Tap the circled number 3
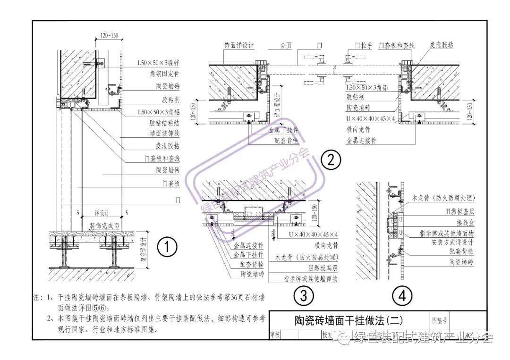[x=303, y=296]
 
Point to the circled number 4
[x=402, y=296]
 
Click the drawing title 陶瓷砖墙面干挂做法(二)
[x=346, y=320]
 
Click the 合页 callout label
[x=286, y=46]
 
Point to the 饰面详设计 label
[x=239, y=46]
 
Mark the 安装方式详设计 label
[x=452, y=242]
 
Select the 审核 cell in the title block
[x=275, y=335]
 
